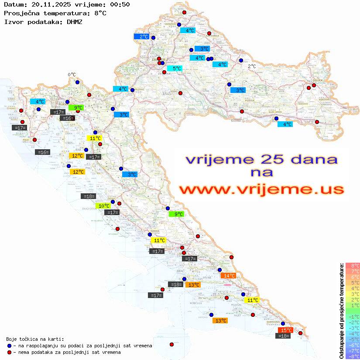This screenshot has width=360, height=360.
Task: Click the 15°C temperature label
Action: tap(285, 330)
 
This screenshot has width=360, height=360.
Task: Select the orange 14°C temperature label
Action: tap(228, 275)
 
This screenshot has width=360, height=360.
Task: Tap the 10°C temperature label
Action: tap(103, 206)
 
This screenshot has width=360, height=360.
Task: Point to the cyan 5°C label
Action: tap(175, 69)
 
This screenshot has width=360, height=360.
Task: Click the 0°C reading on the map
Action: tap(72, 75)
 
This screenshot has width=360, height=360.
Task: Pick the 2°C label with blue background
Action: tap(142, 37)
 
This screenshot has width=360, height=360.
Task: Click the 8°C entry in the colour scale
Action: tap(353, 265)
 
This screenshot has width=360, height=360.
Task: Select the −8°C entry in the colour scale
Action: tap(353, 356)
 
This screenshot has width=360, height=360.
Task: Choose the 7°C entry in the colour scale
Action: tap(353, 271)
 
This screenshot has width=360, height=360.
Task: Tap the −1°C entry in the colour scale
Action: tap(353, 316)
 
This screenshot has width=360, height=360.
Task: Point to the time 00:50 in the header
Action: tap(120, 4)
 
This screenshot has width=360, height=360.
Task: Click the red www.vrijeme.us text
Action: tap(261, 190)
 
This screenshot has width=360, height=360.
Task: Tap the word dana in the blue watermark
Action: tap(312, 159)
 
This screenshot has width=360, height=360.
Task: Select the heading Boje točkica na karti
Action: tap(35, 339)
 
